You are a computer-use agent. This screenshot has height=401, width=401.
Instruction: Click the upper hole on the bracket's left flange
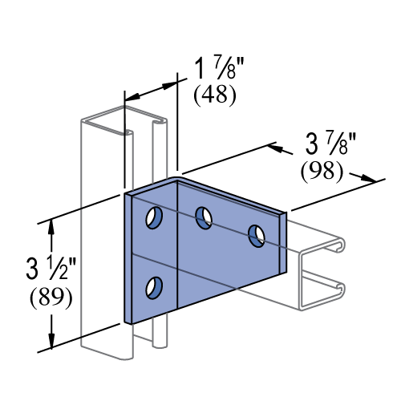[154, 217]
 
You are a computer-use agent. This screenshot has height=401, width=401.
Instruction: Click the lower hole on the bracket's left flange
[154, 288]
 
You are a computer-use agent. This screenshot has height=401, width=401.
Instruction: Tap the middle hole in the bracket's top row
[204, 217]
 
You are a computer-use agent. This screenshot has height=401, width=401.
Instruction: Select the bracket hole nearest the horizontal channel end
[257, 236]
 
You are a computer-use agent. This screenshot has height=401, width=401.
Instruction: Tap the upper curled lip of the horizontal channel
[339, 244]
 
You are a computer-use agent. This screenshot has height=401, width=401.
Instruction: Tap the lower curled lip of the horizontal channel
[339, 288]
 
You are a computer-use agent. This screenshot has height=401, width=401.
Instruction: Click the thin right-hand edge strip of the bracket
[282, 244]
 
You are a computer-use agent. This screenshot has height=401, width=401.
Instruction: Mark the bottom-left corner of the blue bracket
[128, 322]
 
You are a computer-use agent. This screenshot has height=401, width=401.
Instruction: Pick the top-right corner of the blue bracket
[284, 214]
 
